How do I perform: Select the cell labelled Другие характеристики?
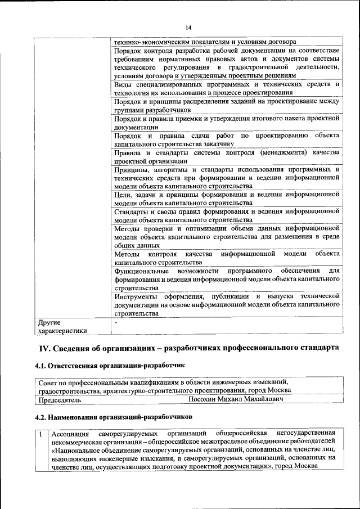(62, 327)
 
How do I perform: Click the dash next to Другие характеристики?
(115, 322)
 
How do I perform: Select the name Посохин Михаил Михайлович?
(235, 399)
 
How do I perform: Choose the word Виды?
(122, 84)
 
